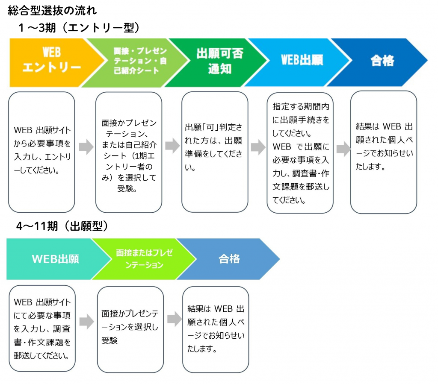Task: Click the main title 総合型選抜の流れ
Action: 52,11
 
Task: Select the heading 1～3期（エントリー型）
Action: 79,28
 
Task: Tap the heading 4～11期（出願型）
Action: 62,226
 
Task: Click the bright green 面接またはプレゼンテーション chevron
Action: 144,259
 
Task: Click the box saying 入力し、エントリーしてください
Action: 41,152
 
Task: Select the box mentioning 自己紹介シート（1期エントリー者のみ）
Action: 129,152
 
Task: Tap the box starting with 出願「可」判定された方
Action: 215,152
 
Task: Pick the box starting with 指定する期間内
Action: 300,153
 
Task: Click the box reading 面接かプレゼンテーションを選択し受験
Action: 130,329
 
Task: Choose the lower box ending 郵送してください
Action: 42,328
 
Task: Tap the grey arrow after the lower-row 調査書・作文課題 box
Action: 86,322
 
